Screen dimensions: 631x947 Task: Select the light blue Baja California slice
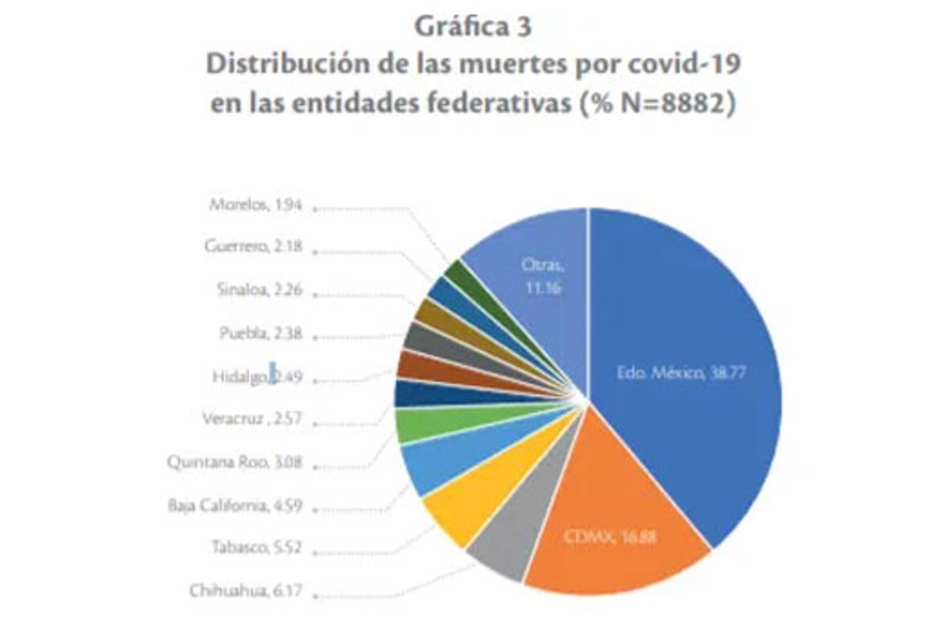coord(430,465)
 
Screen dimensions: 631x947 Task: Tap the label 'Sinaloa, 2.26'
coord(258,289)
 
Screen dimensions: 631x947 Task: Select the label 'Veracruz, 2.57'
coord(253,418)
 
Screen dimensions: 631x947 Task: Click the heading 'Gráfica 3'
coord(473,26)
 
